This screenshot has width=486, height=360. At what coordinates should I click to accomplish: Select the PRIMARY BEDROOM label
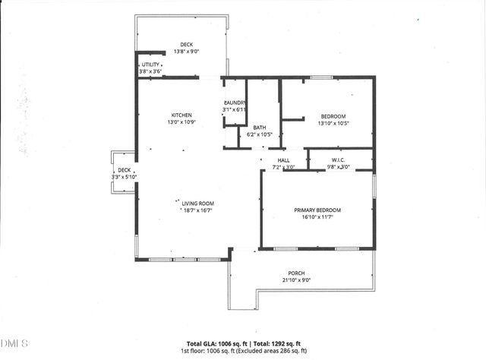click(317, 210)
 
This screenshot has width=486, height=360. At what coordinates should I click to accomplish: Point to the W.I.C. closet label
click(339, 160)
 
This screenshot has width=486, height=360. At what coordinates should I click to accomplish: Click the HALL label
click(283, 160)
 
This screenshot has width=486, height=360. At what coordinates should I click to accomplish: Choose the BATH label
click(260, 128)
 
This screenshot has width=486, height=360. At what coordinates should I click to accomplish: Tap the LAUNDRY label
click(234, 103)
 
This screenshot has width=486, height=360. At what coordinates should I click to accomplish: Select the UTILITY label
click(150, 65)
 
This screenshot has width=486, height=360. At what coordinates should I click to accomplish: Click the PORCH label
click(296, 273)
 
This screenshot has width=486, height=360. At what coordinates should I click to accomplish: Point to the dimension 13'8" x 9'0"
click(186, 52)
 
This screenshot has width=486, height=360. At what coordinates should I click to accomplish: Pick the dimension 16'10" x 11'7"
click(317, 217)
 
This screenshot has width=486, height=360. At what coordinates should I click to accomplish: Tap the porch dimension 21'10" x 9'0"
click(296, 279)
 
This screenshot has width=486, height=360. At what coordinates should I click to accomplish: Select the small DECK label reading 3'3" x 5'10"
click(124, 174)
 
